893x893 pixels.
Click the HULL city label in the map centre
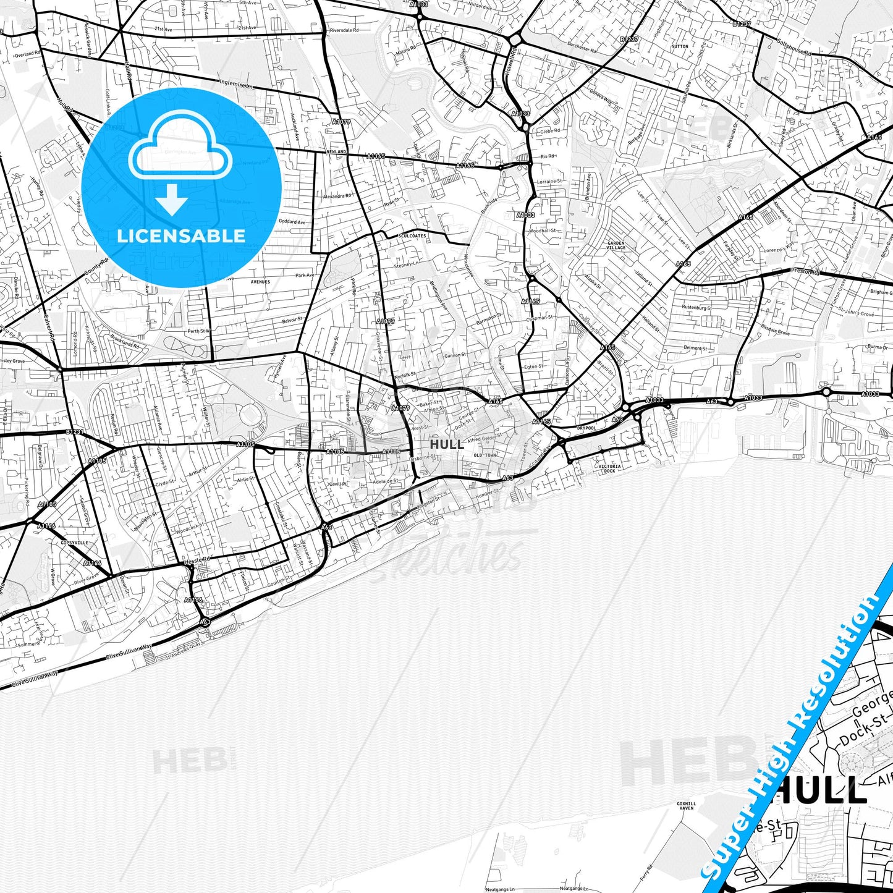[x=447, y=444]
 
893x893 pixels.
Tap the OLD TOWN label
[x=485, y=455]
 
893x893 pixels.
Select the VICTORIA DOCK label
[x=609, y=468]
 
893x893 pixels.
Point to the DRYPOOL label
[x=586, y=428]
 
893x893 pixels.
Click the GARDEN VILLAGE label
[x=616, y=245]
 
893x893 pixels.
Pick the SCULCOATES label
[x=413, y=236]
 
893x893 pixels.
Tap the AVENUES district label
[x=260, y=282]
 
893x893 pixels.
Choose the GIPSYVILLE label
[x=74, y=543]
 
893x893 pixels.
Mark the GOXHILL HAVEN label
[x=686, y=806]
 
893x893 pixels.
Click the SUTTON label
[x=679, y=46]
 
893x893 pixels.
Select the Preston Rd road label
[x=805, y=271]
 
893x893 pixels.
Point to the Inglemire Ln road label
[x=237, y=84]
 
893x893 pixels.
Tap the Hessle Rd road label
[x=198, y=560]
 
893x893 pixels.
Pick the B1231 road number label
[x=74, y=431]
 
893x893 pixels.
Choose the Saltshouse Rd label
[x=794, y=48]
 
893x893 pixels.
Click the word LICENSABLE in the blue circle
[x=181, y=235]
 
